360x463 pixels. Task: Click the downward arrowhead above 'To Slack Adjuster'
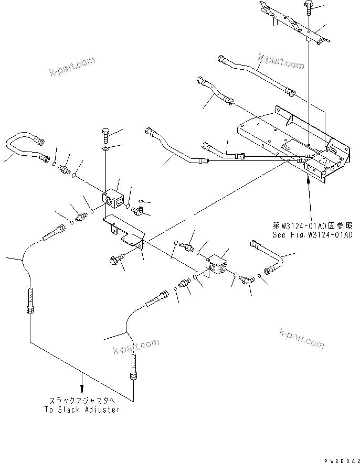click(x=81, y=389)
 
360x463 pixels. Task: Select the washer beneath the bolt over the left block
click(x=106, y=152)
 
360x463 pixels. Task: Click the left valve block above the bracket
click(x=114, y=199)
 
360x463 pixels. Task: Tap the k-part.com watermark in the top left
click(x=72, y=66)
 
